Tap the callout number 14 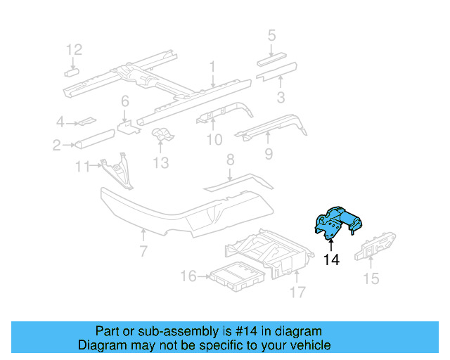[331, 260]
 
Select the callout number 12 [74, 49]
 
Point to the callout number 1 [212, 67]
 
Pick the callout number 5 [271, 34]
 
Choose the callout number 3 [280, 98]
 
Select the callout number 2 [56, 146]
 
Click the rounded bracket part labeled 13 [162, 135]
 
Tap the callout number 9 [268, 153]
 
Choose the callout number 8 [229, 161]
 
